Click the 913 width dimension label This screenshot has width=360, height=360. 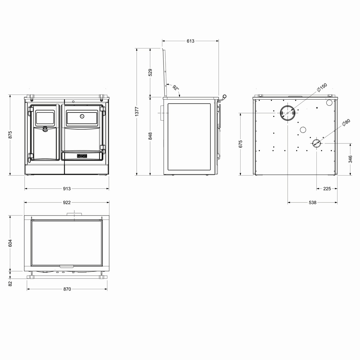pyautogui.click(x=67, y=189)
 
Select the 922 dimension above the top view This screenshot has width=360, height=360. pyautogui.click(x=67, y=202)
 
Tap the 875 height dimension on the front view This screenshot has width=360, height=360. pyautogui.click(x=10, y=135)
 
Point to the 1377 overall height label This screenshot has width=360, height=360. pyautogui.click(x=137, y=112)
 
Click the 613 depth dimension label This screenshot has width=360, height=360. pyautogui.click(x=190, y=41)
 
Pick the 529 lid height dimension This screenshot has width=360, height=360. pyautogui.click(x=150, y=73)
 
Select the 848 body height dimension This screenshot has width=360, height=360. pyautogui.click(x=150, y=136)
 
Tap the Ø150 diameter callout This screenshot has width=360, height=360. pyautogui.click(x=322, y=87)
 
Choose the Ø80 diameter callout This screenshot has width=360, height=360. pyautogui.click(x=346, y=122)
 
